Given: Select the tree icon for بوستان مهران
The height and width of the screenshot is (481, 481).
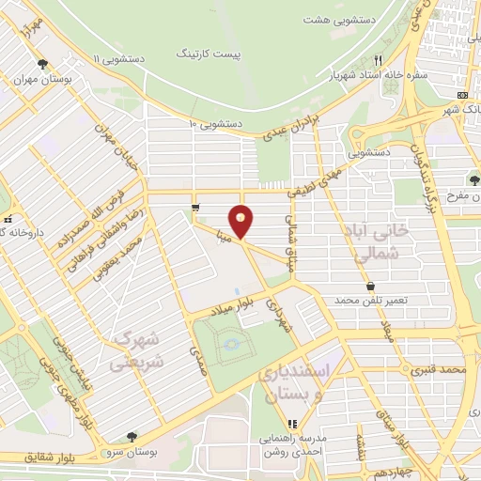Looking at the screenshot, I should (43, 64).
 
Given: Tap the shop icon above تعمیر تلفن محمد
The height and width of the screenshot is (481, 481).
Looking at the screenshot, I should (371, 285).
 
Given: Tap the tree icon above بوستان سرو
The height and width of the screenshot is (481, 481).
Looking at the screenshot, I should (132, 436).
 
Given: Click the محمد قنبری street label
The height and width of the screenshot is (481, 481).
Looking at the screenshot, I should (440, 371).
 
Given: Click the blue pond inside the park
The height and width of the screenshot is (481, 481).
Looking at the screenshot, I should (231, 349).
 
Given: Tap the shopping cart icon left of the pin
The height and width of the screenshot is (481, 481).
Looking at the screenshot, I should (195, 208).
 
